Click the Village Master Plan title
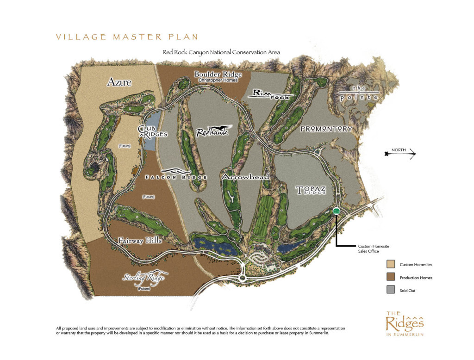126,37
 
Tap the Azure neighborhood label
119,83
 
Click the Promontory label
326,129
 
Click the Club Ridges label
152,131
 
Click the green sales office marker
337,211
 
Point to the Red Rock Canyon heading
221,53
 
